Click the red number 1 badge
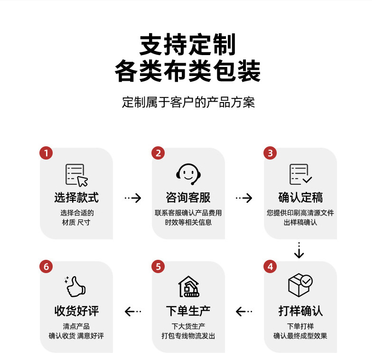(46, 153)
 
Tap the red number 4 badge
(270, 266)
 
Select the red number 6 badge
(46, 266)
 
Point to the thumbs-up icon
(75, 286)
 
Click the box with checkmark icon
(300, 285)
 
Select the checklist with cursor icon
(76, 174)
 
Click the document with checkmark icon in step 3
(300, 174)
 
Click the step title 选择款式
(76, 198)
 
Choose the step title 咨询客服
(188, 198)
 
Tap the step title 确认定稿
(300, 198)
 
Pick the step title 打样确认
(300, 311)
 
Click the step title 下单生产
(188, 311)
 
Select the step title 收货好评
(76, 311)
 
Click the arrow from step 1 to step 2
(132, 198)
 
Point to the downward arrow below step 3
(299, 250)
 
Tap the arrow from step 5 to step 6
(132, 312)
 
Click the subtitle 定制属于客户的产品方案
(188, 102)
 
